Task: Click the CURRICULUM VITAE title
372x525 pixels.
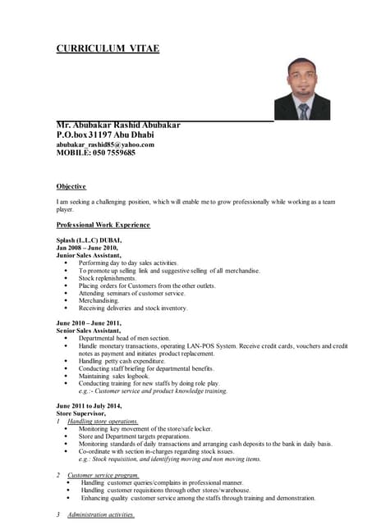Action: [108, 48]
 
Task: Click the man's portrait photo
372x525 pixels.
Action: [302, 89]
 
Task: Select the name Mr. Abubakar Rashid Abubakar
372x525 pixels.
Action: [118, 125]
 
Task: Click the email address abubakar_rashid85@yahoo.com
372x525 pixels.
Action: [105, 144]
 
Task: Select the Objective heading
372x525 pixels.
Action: [71, 186]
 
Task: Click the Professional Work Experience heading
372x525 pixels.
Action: [103, 224]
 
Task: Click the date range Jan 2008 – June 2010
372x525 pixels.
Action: [87, 247]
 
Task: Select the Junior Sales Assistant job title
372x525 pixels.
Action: [89, 255]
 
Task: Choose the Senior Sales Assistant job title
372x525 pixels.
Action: [89, 331]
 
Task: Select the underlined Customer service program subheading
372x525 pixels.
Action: [103, 475]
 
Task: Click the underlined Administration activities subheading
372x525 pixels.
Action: [101, 514]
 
